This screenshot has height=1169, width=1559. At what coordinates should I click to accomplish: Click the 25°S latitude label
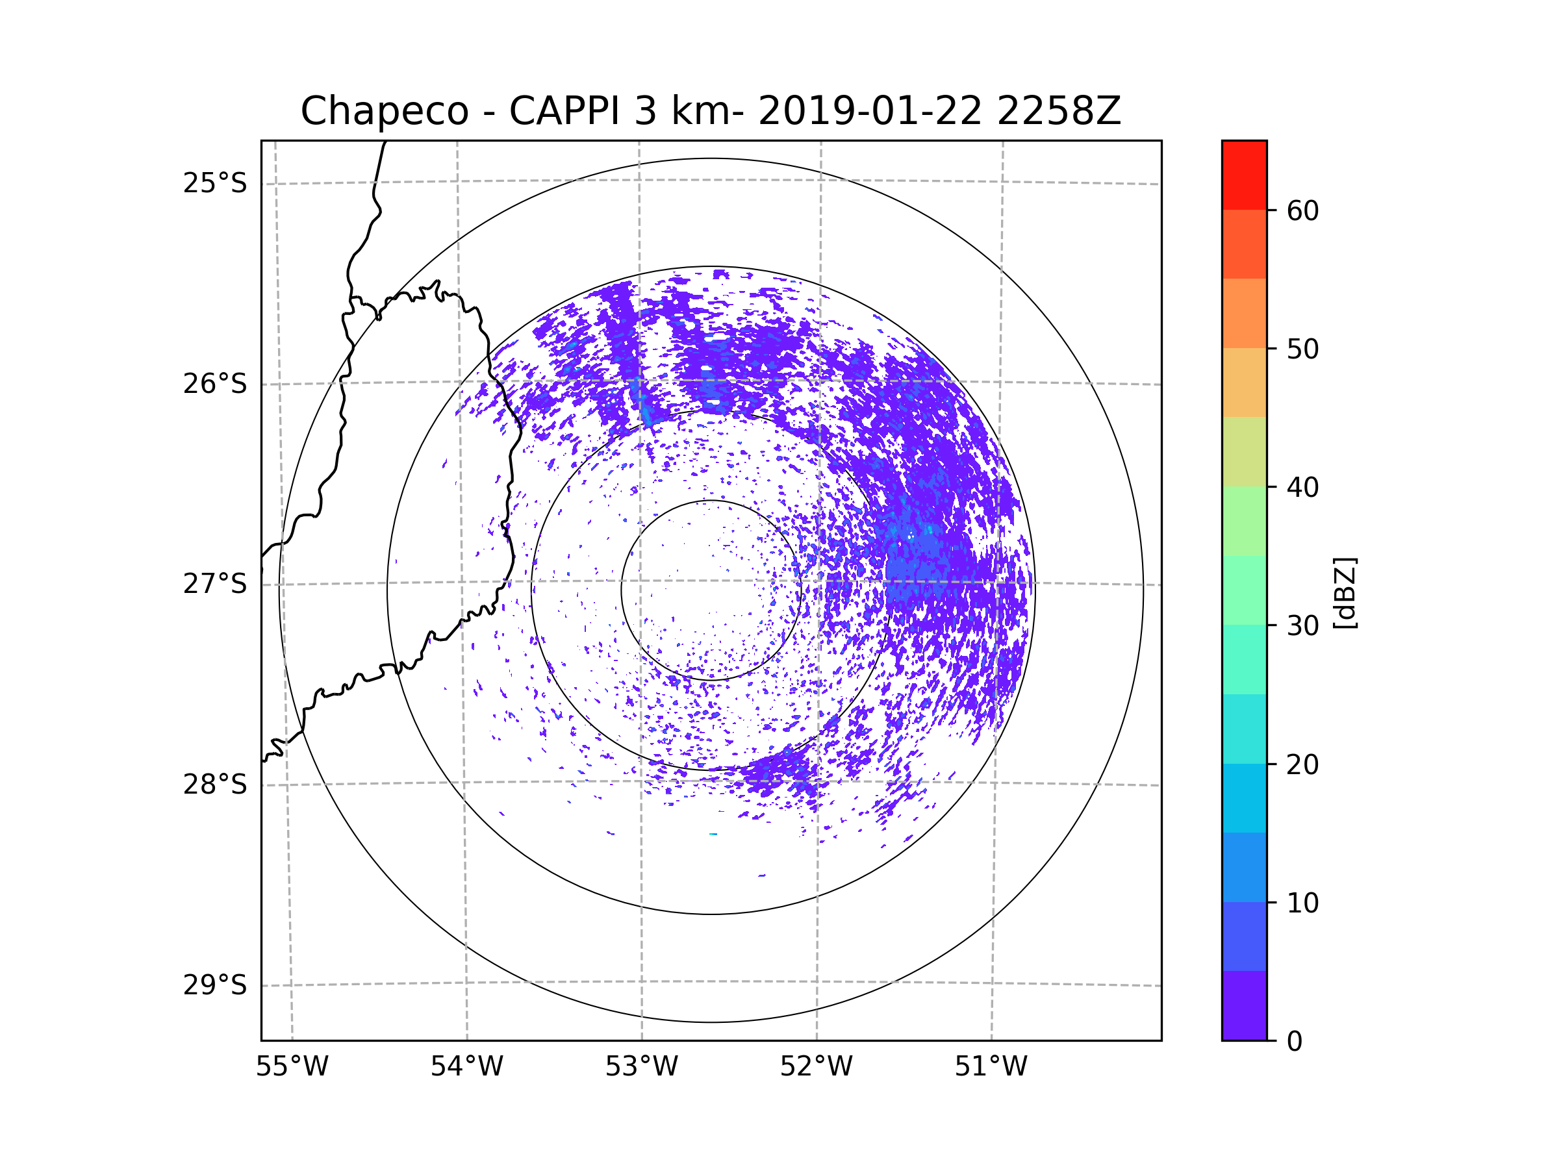(x=215, y=183)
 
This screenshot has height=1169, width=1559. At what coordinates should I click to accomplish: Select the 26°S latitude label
(x=215, y=384)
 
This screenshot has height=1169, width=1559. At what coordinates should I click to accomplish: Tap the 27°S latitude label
(x=215, y=584)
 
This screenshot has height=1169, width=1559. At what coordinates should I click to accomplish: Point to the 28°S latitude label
(x=215, y=785)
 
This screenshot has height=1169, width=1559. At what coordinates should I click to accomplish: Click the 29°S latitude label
(x=215, y=985)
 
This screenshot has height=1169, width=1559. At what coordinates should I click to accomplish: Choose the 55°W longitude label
(x=292, y=1067)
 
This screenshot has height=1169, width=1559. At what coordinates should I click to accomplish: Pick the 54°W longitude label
(x=466, y=1067)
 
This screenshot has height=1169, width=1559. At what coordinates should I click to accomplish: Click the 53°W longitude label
(x=641, y=1067)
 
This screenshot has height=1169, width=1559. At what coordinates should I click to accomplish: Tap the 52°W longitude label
(x=816, y=1067)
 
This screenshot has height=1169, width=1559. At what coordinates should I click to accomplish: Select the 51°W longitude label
(x=991, y=1067)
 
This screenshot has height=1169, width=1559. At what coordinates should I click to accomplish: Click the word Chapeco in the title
(x=384, y=111)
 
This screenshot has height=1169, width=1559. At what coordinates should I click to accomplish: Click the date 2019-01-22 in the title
(x=869, y=111)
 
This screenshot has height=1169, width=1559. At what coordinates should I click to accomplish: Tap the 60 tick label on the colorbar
(x=1302, y=210)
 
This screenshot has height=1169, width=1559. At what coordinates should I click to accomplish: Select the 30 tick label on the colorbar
(x=1302, y=625)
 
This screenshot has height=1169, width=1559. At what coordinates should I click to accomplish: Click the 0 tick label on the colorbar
(x=1295, y=1042)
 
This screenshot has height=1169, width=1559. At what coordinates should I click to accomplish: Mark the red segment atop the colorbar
(x=1244, y=175)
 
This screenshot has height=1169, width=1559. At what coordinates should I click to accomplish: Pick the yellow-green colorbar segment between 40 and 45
(x=1244, y=451)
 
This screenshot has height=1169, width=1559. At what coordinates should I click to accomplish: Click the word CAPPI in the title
(x=564, y=111)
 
